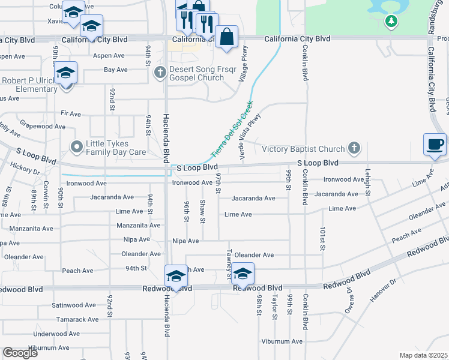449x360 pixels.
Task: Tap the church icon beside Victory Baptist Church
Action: coord(355,148)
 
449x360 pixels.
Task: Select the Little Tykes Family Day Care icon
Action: coord(76,146)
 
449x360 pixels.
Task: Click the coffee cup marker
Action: coord(435,145)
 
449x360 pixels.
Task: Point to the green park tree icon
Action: coord(391,22)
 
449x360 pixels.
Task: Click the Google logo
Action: coord(20,353)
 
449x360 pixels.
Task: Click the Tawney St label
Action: coord(229,265)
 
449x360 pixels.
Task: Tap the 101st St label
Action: coord(322,238)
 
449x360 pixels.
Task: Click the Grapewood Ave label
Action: coord(43,127)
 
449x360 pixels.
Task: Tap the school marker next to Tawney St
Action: coord(243,274)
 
